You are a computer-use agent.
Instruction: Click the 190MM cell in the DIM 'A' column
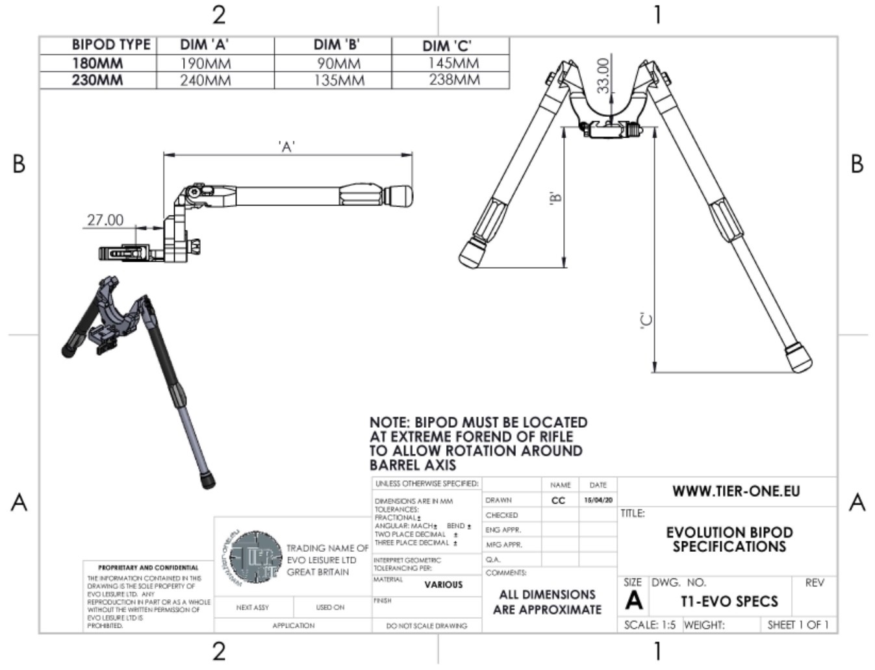(205, 64)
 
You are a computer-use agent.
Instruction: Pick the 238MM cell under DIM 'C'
(453, 80)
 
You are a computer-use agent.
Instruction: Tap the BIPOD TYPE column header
(110, 45)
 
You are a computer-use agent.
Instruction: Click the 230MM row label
(97, 81)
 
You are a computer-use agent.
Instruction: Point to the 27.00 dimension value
(105, 220)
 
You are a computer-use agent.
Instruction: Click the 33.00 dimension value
(603, 76)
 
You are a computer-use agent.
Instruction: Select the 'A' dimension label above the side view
(286, 147)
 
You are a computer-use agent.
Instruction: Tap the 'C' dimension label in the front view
(646, 321)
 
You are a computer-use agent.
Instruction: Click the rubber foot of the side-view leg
(398, 195)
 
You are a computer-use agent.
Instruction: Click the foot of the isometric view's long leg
(209, 482)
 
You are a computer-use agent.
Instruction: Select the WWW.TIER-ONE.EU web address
(735, 491)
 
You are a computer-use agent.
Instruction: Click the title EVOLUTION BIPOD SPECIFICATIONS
(729, 540)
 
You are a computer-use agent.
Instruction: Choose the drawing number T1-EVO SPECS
(729, 601)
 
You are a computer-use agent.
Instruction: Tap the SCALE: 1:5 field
(650, 625)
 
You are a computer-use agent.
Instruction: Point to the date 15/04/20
(598, 501)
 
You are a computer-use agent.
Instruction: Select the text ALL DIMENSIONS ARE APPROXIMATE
(547, 602)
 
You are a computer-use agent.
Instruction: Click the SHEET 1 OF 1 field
(798, 625)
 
